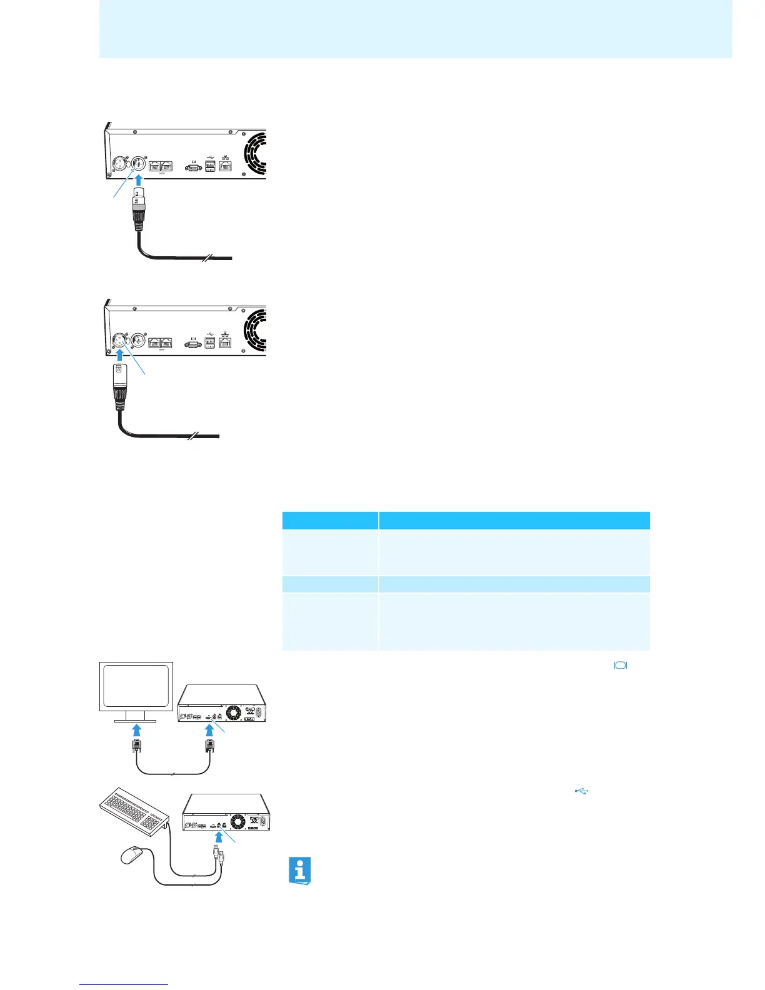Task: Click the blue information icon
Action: (x=300, y=870)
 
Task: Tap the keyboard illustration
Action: (x=134, y=810)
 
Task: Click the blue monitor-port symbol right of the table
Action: (x=621, y=666)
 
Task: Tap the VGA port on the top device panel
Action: (x=193, y=167)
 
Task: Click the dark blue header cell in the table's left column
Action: (x=330, y=521)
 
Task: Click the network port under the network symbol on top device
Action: (x=226, y=167)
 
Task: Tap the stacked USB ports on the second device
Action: (x=210, y=342)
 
